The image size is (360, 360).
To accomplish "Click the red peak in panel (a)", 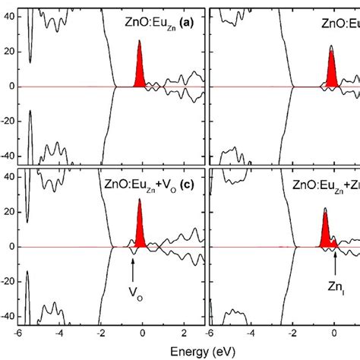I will tap(140, 73).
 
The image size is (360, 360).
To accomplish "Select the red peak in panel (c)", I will tap(140, 232).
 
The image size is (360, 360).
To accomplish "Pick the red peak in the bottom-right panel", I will tap(326, 235).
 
